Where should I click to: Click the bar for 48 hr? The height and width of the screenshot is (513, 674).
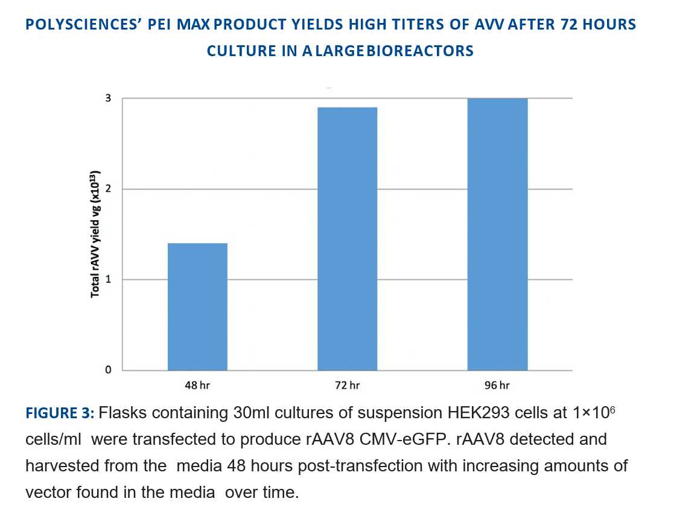pyautogui.click(x=197, y=307)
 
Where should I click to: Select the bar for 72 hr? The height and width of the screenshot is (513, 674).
pyautogui.click(x=347, y=238)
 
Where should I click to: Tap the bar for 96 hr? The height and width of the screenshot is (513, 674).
pyautogui.click(x=497, y=234)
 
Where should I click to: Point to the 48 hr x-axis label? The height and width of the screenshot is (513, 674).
pyautogui.click(x=197, y=385)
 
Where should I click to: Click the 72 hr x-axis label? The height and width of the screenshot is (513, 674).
pyautogui.click(x=347, y=385)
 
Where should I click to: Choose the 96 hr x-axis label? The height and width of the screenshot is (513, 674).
pyautogui.click(x=497, y=385)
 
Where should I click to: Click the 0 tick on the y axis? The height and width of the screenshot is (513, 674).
pyautogui.click(x=109, y=370)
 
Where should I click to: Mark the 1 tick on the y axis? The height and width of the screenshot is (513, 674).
pyautogui.click(x=109, y=279)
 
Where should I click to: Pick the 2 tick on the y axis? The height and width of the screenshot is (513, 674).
pyautogui.click(x=109, y=189)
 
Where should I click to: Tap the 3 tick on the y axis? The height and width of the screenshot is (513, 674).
pyautogui.click(x=109, y=98)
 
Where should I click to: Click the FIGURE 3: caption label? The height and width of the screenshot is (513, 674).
pyautogui.click(x=59, y=413)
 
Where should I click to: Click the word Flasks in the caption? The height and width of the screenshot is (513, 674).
pyautogui.click(x=118, y=413)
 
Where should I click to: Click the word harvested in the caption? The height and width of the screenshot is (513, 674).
pyautogui.click(x=56, y=466)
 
